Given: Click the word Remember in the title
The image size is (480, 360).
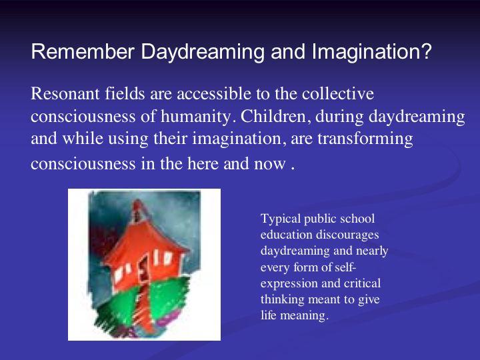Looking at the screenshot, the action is click(x=83, y=51).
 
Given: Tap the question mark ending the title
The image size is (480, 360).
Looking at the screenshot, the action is click(x=425, y=51).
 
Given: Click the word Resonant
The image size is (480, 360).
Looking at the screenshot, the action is click(x=65, y=93).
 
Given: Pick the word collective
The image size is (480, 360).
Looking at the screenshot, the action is click(x=337, y=93).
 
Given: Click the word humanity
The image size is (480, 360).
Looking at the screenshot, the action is click(x=196, y=117).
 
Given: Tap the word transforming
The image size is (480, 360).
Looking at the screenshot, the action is click(x=365, y=139).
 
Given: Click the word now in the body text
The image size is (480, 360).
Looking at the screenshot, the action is click(x=270, y=165).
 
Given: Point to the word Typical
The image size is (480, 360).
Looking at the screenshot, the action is click(x=281, y=219).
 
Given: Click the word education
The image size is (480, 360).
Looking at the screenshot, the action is click(x=286, y=235).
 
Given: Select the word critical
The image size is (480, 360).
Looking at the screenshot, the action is click(x=362, y=283).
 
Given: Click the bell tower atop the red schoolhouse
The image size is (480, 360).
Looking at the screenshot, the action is click(x=138, y=211).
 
